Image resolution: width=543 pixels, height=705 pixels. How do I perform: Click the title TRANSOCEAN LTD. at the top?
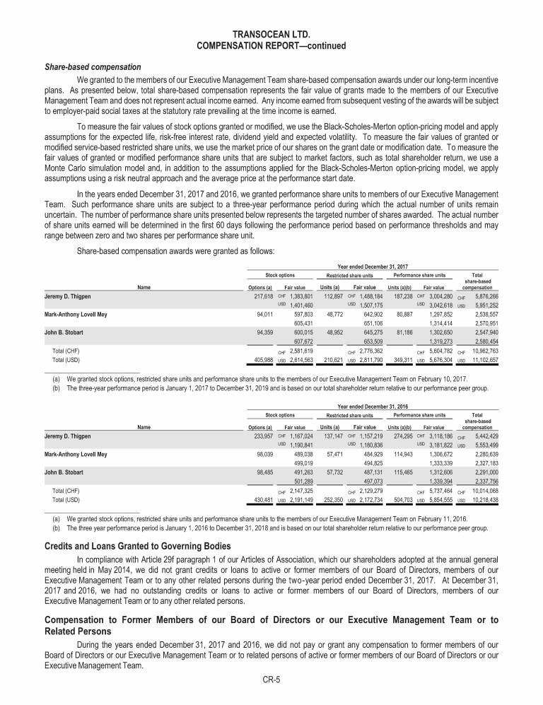click(271, 33)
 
